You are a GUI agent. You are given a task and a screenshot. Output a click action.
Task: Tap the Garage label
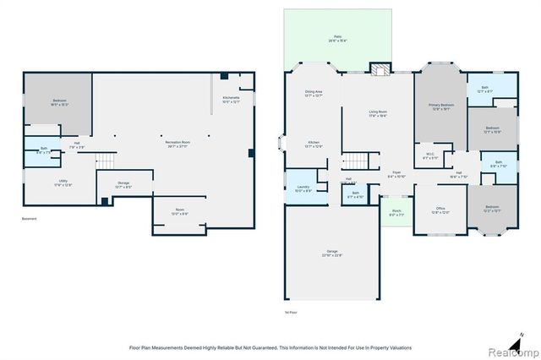click(332, 253)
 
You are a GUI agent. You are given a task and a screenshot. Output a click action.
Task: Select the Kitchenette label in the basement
click(231, 100)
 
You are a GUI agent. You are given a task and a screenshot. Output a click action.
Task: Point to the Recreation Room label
click(178, 143)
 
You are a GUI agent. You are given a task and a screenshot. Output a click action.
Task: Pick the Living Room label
click(377, 113)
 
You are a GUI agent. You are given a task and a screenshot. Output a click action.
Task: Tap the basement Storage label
click(123, 185)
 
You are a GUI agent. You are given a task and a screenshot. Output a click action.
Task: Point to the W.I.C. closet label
click(430, 156)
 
